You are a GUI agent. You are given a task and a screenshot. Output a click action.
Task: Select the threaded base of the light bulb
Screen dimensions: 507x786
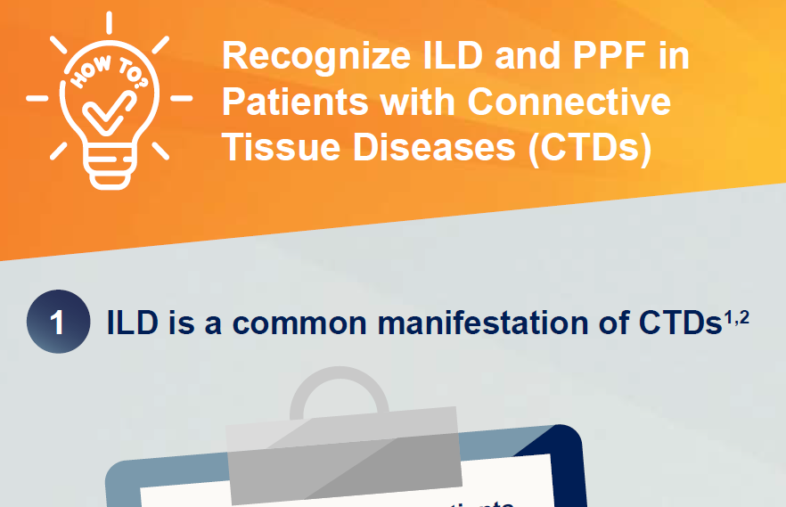point(110,169)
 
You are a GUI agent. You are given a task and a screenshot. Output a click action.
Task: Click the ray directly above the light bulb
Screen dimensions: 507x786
point(109,23)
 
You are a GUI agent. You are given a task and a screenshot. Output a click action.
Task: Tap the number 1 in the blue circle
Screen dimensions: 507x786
point(58,322)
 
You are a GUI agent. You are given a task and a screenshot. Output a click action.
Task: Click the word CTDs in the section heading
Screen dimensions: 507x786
point(679,323)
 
